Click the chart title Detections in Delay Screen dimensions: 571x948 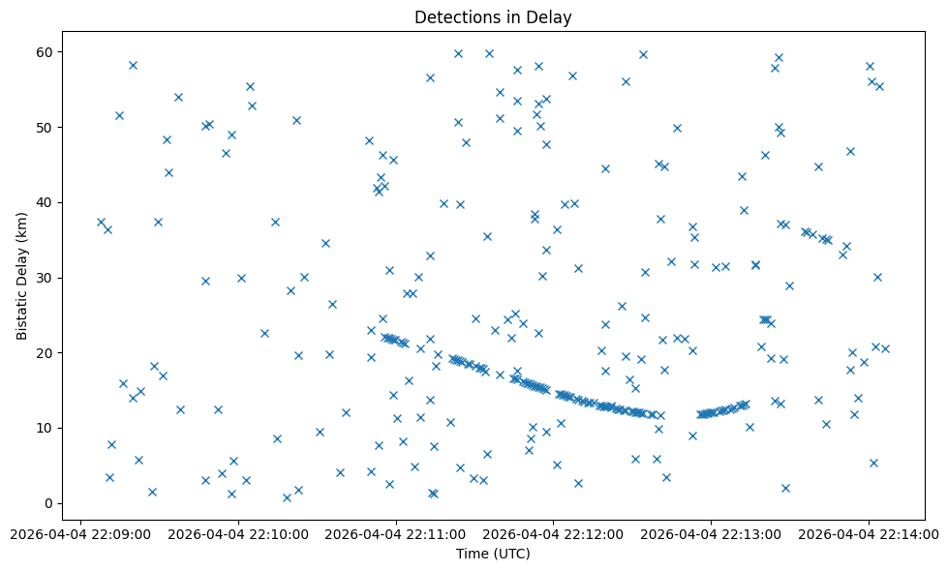(494, 16)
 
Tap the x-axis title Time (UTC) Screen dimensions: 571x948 (494, 555)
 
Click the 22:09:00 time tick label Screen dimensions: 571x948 (81, 533)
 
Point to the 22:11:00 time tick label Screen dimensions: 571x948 (396, 533)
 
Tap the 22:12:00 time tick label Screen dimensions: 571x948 (554, 533)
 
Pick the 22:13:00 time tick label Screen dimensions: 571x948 (711, 533)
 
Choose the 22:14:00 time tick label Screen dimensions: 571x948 (869, 533)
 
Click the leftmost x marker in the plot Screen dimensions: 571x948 (101, 222)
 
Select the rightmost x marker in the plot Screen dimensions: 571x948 (885, 348)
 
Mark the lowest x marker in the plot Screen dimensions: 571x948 (287, 497)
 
